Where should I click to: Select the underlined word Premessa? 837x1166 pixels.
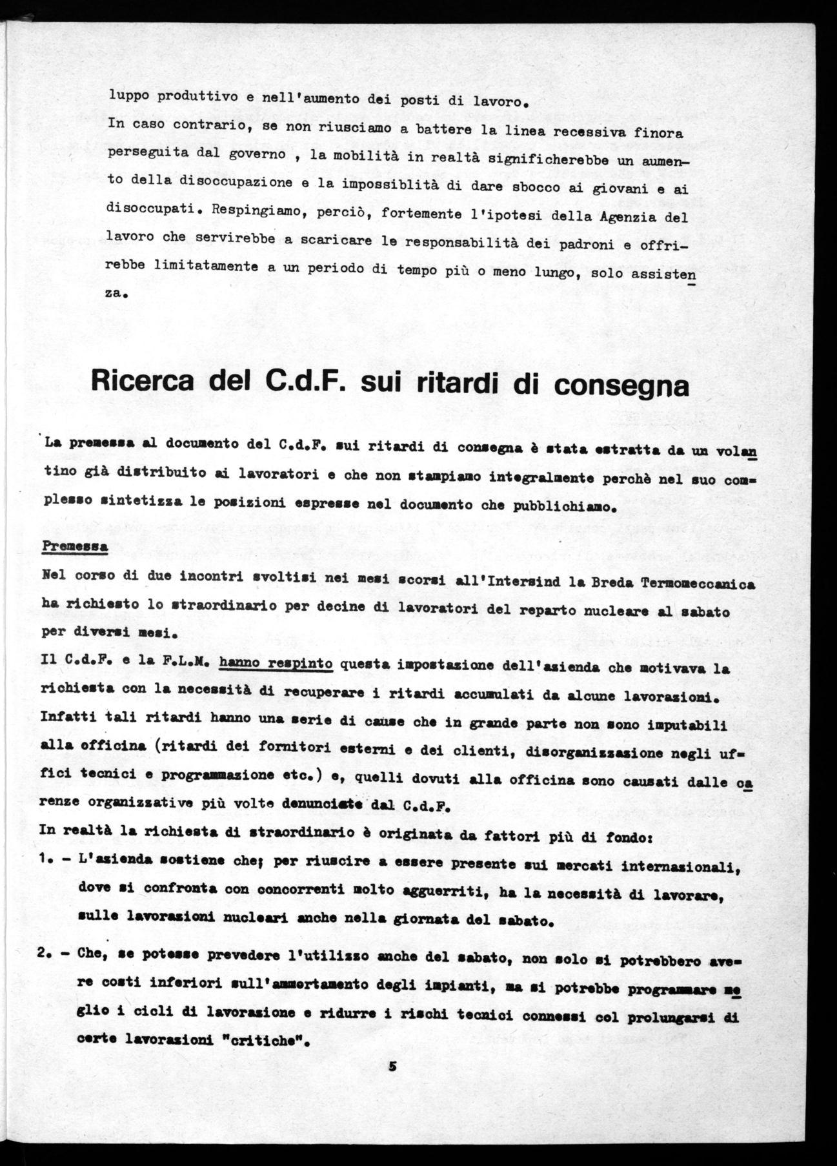[x=74, y=546]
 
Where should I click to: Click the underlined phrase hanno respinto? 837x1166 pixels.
[x=276, y=663]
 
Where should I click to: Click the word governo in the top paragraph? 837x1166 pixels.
[x=257, y=155]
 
